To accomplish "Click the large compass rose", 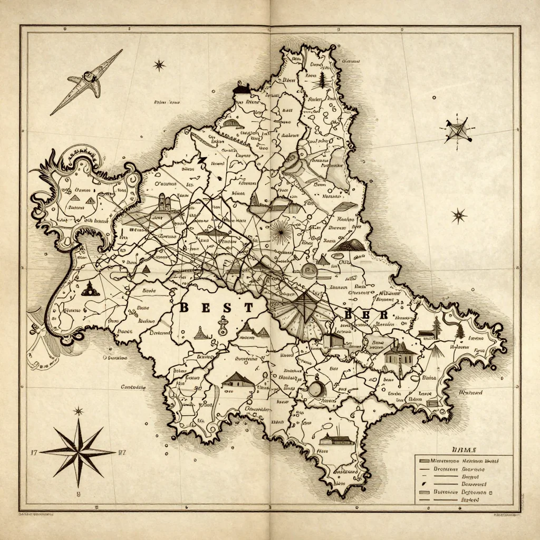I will [79, 452].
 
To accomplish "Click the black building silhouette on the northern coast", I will [242, 88].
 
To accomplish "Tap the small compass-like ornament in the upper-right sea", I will [456, 129].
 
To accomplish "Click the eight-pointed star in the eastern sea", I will [459, 215].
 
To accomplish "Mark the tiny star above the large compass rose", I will [79, 411].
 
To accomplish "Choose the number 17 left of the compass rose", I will [34, 452].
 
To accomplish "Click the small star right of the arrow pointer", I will [159, 65].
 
